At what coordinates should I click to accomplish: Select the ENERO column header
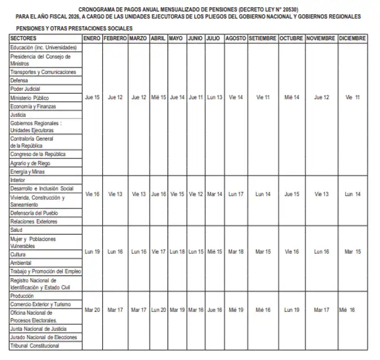coord(92,38)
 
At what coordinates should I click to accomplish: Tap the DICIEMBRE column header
coord(353,38)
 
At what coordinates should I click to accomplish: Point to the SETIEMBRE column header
coord(263,38)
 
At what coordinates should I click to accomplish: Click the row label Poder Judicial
coord(25,89)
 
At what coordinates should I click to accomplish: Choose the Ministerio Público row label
coord(30,97)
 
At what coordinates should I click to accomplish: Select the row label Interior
coord(18,180)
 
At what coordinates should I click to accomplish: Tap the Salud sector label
coord(17,230)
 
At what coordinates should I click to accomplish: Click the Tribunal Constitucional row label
coord(35,346)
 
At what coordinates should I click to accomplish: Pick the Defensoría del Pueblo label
coord(34,213)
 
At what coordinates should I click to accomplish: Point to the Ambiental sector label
coord(21,263)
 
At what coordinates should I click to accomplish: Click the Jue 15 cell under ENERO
coord(93,97)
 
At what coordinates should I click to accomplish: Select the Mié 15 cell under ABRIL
coord(159,97)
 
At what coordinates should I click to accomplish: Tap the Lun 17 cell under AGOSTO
coord(236,194)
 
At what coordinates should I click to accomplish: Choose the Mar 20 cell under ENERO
coord(92,310)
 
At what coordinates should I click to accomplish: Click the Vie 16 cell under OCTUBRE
coord(292,251)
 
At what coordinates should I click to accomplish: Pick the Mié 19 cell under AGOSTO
coord(236,310)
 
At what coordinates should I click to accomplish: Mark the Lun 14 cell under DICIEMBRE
coord(353,194)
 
